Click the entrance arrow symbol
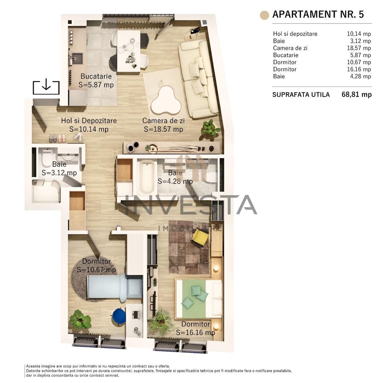(x=46, y=87)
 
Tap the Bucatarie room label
(x=96, y=76)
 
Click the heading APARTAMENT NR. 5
(x=318, y=15)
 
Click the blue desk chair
(x=119, y=316)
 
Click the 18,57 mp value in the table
(x=359, y=48)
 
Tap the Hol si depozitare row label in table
(x=295, y=34)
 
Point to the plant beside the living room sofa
(x=210, y=128)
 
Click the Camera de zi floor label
(x=163, y=121)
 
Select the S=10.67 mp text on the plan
(x=96, y=270)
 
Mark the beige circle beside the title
(x=264, y=15)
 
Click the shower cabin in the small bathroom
(x=46, y=191)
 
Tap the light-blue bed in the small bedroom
(x=106, y=287)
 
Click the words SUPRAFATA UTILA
(x=301, y=95)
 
